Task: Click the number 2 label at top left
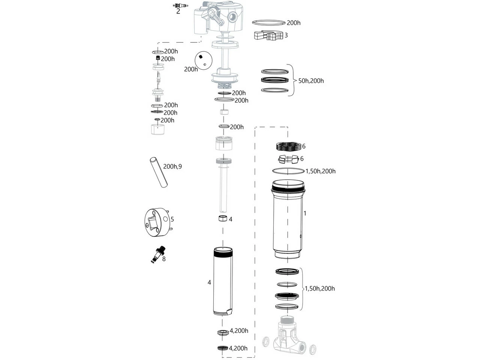[178, 12]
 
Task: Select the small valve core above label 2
[180, 5]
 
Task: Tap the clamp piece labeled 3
[268, 36]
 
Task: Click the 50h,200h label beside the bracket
[311, 81]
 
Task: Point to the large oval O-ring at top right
[269, 23]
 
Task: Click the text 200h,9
[172, 166]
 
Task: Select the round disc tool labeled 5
[157, 223]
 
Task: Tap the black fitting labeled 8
[159, 253]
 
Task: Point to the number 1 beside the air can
[305, 213]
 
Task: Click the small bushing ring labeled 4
[223, 219]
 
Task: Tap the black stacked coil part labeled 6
[289, 147]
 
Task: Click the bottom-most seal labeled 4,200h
[223, 348]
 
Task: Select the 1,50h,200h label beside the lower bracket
[319, 289]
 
